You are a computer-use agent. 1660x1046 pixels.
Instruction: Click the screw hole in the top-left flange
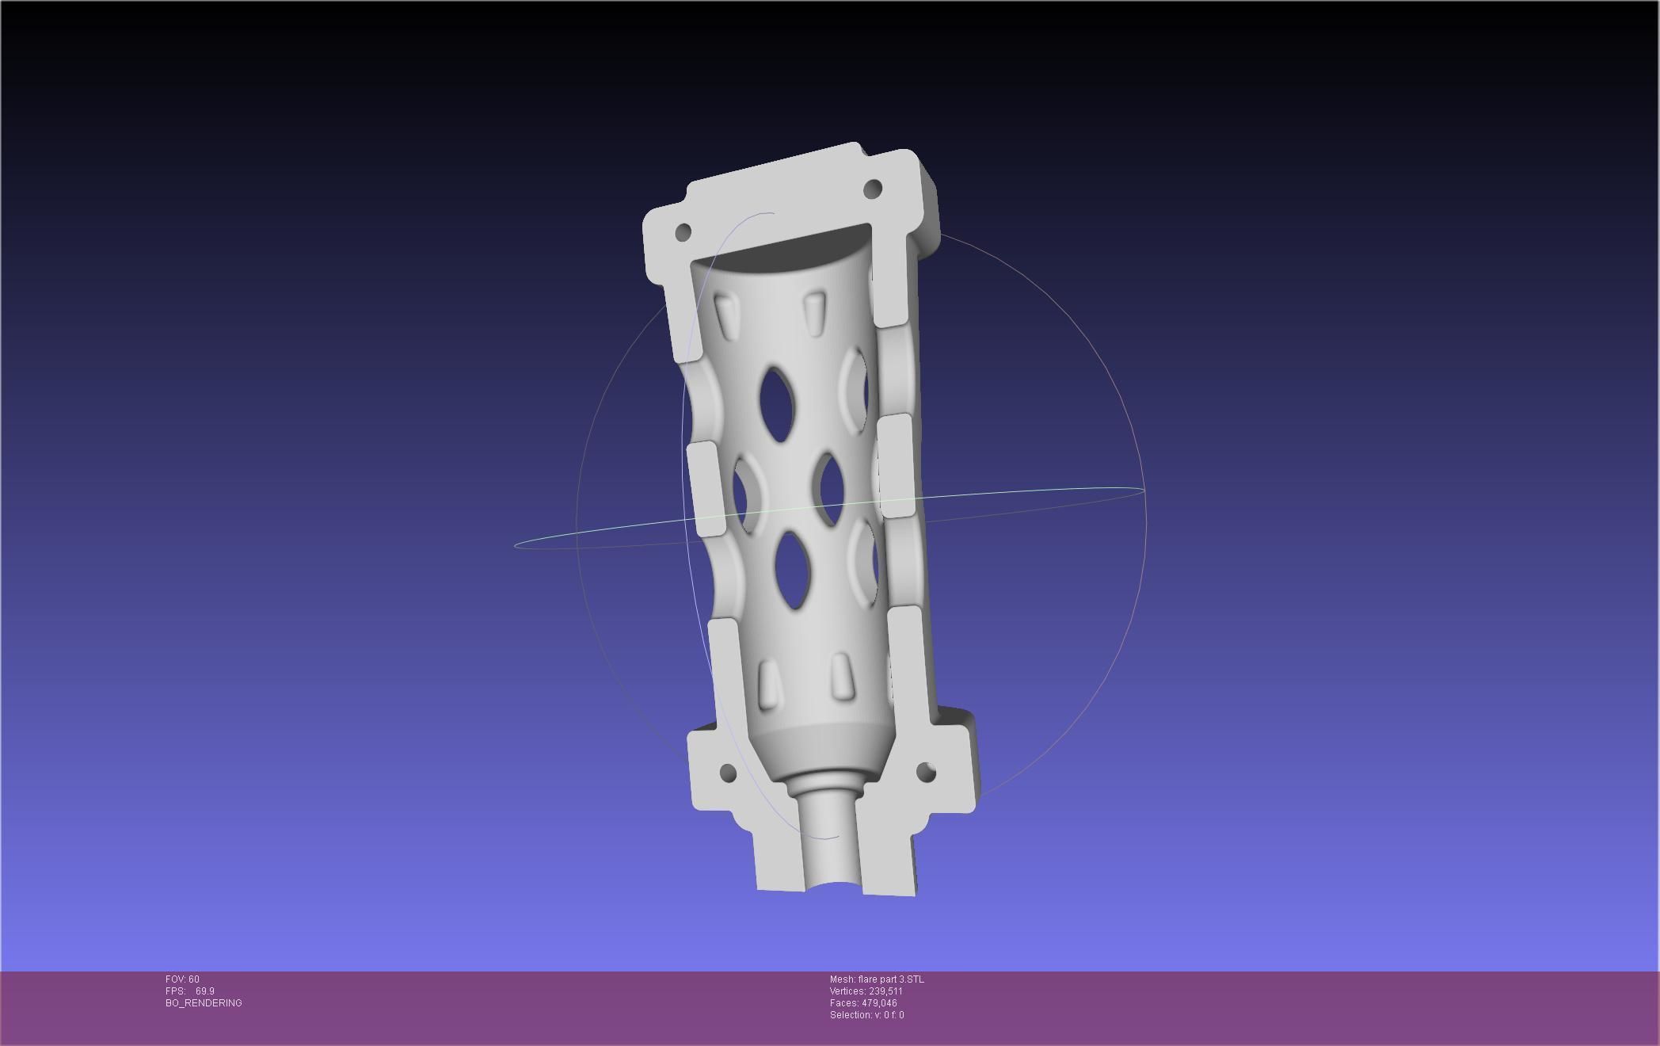pos(683,232)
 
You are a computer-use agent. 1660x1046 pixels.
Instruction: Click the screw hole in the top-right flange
pos(872,189)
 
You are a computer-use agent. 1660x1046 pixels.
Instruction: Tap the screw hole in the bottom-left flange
pos(728,773)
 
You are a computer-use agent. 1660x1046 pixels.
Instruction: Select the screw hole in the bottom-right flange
pos(926,771)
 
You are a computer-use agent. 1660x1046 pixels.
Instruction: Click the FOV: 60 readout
pos(182,979)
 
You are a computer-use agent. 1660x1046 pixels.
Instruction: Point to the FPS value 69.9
pos(204,991)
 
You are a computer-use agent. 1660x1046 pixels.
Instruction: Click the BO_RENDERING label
pos(204,1003)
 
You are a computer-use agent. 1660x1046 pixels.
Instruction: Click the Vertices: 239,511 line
pos(866,991)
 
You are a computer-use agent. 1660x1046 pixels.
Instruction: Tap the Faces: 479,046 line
pos(863,1003)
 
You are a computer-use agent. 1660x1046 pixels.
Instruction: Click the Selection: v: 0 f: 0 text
pos(866,1015)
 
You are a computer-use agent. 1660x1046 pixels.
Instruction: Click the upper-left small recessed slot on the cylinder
pos(725,315)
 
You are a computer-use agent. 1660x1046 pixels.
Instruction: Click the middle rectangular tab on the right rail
pos(896,466)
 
